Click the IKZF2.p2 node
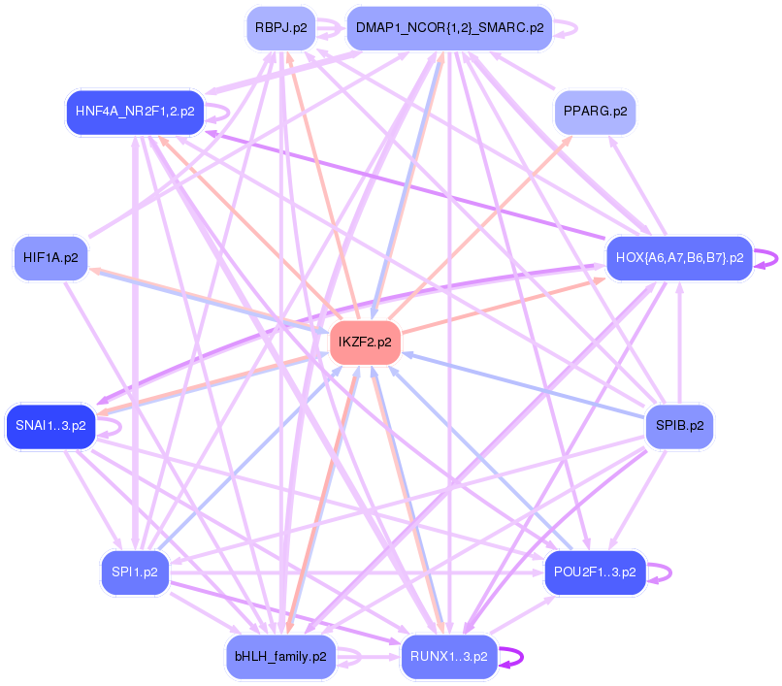[365, 343]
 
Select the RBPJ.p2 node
[280, 28]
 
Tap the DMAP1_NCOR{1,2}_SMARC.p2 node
[449, 28]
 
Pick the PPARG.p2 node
[595, 112]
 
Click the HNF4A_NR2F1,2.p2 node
[132, 112]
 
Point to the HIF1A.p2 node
[51, 258]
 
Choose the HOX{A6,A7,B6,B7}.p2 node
[679, 258]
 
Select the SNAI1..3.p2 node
[50, 425]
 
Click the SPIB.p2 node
[679, 425]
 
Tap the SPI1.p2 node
[135, 572]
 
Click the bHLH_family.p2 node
[280, 657]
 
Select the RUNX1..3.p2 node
[449, 657]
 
